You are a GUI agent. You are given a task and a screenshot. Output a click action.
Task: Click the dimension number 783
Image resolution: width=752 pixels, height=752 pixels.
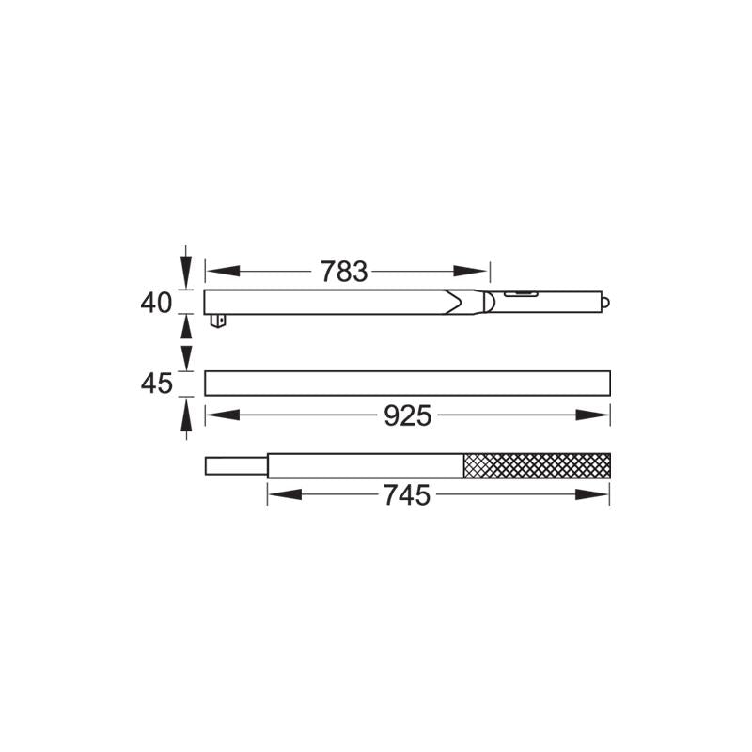(x=344, y=272)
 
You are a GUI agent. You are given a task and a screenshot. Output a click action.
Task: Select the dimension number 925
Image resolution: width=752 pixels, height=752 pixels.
(x=408, y=415)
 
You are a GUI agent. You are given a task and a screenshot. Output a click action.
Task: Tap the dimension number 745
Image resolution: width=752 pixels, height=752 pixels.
(x=407, y=495)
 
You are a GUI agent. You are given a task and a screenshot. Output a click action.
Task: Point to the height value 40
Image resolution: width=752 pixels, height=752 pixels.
(x=156, y=303)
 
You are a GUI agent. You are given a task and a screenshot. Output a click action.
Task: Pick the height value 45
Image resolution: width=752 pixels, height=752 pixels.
(x=156, y=384)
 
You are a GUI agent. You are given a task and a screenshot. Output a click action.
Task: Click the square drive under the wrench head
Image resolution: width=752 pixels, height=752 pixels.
(x=218, y=321)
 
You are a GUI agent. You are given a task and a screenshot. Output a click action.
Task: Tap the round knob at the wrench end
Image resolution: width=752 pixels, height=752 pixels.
(x=605, y=303)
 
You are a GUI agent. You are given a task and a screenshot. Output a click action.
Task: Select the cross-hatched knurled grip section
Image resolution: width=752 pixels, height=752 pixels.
(x=537, y=465)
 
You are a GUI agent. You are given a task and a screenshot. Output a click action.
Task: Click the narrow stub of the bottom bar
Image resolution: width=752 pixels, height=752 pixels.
(x=236, y=465)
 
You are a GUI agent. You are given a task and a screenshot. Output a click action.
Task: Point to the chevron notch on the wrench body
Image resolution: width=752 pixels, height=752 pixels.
(x=454, y=302)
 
